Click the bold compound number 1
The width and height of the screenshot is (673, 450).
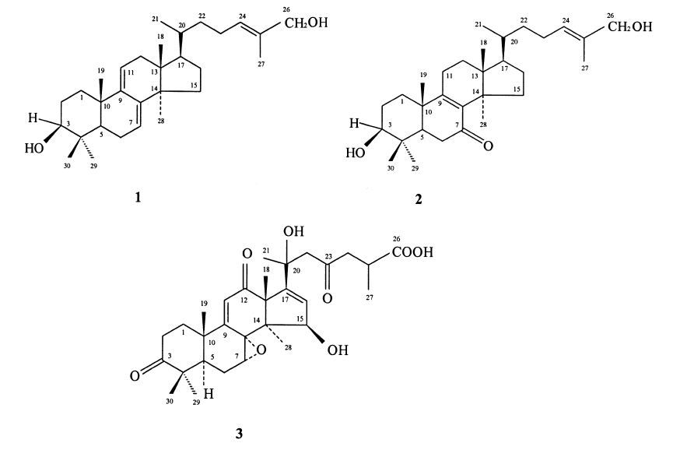tap(138, 198)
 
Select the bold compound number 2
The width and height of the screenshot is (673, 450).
tap(419, 199)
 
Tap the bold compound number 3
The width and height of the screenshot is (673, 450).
tap(239, 434)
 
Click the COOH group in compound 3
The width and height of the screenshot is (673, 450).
tap(412, 252)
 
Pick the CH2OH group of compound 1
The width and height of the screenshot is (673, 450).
tap(306, 23)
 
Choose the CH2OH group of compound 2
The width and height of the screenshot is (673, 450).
tap(630, 27)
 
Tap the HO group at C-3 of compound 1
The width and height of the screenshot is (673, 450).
tap(34, 149)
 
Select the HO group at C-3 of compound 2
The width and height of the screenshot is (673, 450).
tap(356, 153)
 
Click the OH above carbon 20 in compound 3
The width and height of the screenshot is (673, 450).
tap(294, 232)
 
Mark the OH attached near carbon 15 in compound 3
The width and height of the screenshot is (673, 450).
tap(338, 350)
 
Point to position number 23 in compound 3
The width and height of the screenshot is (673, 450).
tap(328, 257)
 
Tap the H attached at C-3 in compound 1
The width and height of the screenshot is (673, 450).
tap(33, 118)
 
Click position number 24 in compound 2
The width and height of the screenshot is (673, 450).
tap(566, 20)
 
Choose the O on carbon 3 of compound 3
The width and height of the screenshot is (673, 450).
tap(135, 377)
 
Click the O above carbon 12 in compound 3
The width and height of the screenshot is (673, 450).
tap(247, 255)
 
